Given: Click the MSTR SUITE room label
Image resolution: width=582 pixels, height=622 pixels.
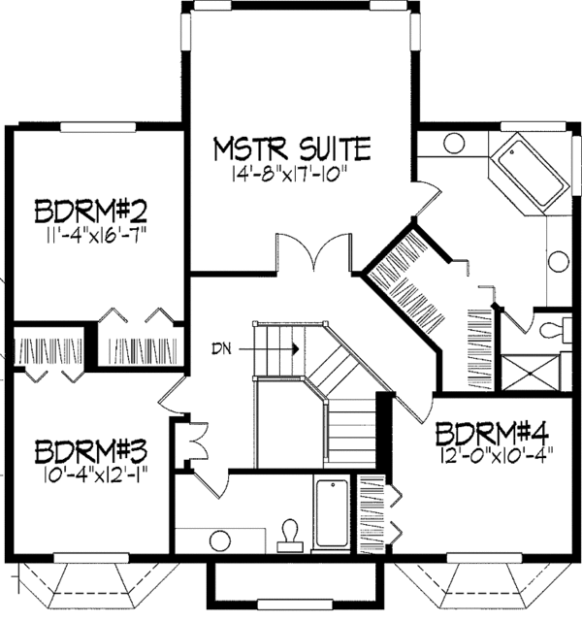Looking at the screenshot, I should [x=292, y=149].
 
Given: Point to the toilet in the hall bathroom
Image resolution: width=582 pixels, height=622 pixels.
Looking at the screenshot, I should [x=289, y=533].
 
